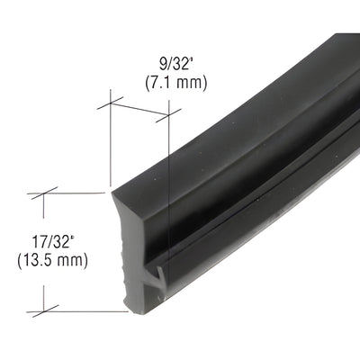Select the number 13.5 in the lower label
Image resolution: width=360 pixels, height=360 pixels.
(40, 261)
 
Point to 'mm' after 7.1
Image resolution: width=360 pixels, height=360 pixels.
(191, 83)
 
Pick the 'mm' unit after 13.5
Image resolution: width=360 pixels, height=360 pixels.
(72, 261)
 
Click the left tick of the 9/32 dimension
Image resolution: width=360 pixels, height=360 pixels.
(110, 102)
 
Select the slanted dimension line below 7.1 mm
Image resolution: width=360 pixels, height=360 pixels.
(139, 108)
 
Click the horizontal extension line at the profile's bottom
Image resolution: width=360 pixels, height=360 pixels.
(81, 311)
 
